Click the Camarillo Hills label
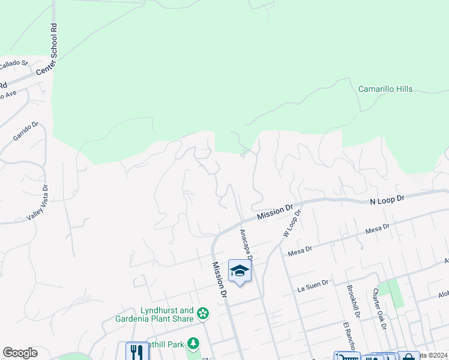[x=385, y=89]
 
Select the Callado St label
[x=13, y=63]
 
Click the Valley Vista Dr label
[x=40, y=204]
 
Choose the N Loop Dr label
[x=388, y=197]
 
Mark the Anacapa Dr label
[x=246, y=245]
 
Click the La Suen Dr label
[x=313, y=286]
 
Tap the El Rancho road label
[x=348, y=337]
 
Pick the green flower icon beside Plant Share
[x=203, y=313]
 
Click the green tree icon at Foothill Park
[x=193, y=344]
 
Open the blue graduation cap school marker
[x=240, y=271]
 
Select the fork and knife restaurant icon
[x=137, y=352]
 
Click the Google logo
[x=20, y=353]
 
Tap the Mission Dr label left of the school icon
[x=219, y=280]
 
